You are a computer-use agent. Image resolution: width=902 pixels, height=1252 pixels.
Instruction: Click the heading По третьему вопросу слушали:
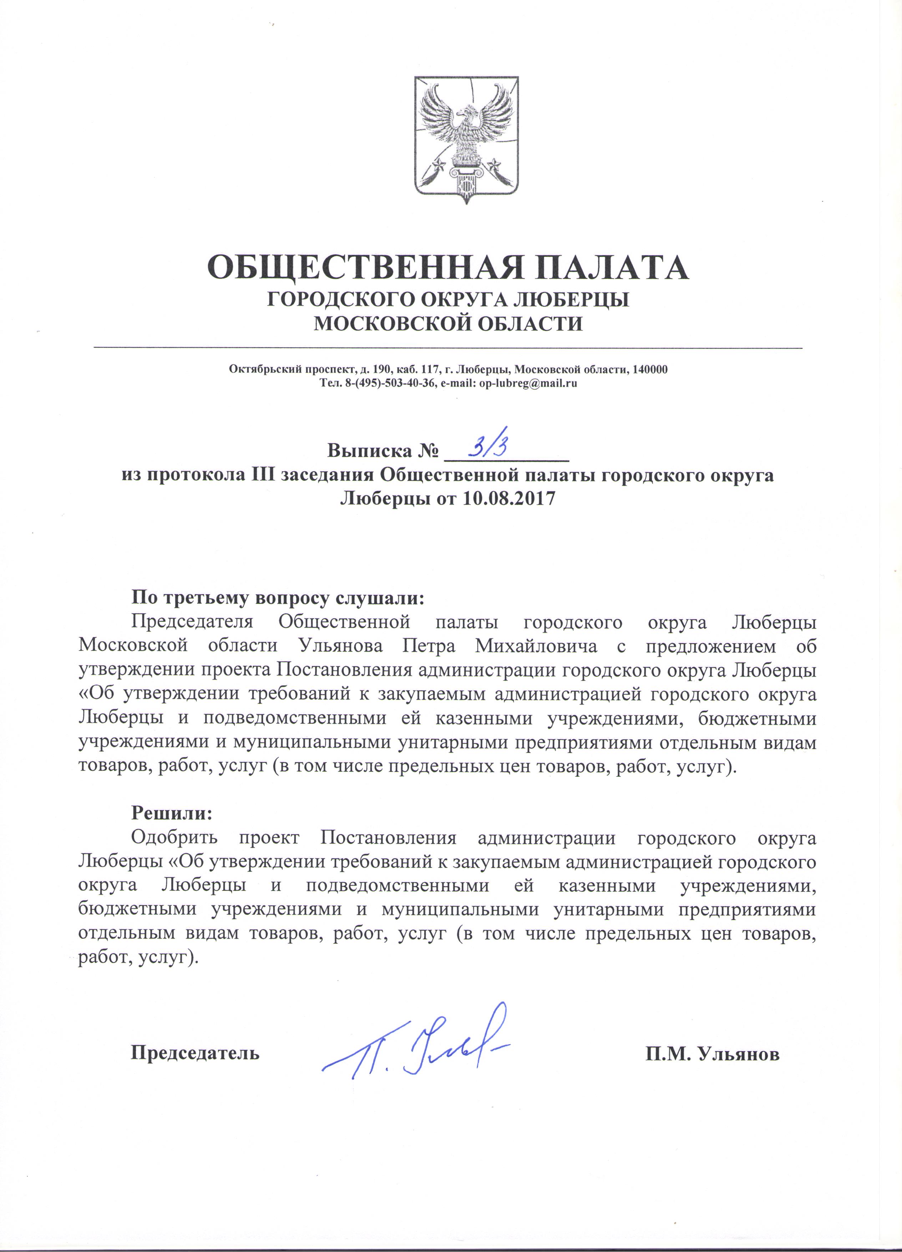click(x=278, y=598)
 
